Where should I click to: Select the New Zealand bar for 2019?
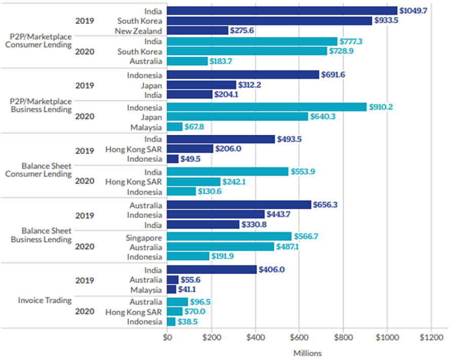coord(197,31)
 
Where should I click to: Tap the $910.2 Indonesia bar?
coord(267,107)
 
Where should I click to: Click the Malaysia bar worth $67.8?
coord(175,127)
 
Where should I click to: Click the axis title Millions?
coord(307,353)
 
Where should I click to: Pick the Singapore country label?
coord(144,237)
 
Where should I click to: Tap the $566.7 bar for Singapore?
coord(229,237)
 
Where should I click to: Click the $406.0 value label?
coord(272,269)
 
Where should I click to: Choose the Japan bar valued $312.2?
coord(201,85)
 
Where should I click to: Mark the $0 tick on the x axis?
coord(167,337)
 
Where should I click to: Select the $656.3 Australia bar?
coord(239,205)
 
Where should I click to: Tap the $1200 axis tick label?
coord(431,337)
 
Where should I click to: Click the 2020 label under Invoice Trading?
coord(84,311)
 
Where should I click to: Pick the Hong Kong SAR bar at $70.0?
coord(175,311)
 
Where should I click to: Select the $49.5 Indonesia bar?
coord(173,159)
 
